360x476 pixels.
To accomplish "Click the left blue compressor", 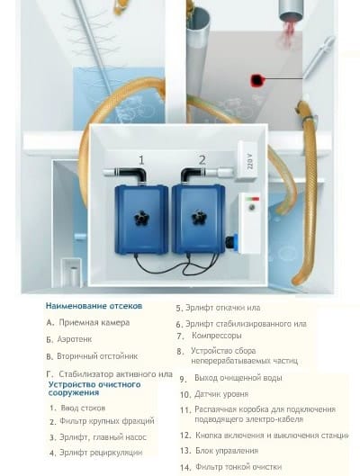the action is [141, 220].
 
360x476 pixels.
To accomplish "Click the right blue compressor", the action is [199, 219].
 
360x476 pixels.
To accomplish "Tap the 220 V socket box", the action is [248, 160].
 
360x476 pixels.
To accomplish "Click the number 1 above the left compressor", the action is [141, 160].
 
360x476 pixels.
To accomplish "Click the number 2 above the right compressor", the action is [202, 159].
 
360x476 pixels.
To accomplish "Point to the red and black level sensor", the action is [256, 80].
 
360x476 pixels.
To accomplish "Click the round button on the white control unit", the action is [252, 208].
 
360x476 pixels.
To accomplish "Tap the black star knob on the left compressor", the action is [141, 218].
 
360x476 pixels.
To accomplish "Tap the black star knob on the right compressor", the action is [199, 217].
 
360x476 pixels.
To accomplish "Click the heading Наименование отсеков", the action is [94, 306].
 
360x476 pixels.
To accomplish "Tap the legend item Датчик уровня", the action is [214, 394].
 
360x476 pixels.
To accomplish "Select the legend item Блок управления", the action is [220, 451].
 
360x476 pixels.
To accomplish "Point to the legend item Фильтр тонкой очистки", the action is [230, 467].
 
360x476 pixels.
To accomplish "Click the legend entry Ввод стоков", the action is [77, 408].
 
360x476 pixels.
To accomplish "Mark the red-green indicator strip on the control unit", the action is [253, 199].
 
